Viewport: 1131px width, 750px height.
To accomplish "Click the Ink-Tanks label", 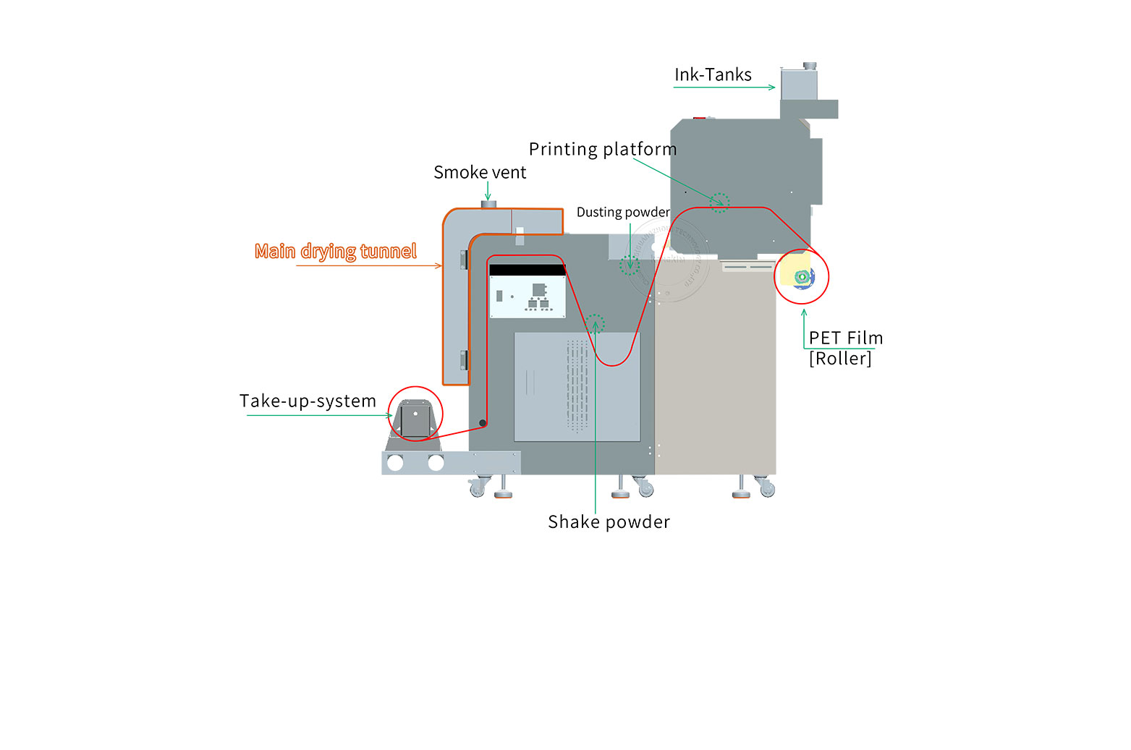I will pos(713,74).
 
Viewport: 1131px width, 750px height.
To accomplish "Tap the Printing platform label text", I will pos(603,150).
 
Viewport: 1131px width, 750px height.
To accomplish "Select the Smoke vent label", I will pos(480,173).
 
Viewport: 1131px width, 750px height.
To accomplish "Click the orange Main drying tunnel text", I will pos(336,251).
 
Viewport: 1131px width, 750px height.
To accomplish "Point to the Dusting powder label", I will pos(623,212).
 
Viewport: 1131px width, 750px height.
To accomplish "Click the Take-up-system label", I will pos(308,401).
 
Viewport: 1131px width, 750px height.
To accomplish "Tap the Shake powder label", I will pos(609,522).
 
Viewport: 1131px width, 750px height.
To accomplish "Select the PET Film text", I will pos(846,338).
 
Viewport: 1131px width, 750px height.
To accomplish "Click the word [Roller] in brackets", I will pos(840,359).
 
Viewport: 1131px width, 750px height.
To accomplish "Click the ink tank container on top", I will pos(799,83).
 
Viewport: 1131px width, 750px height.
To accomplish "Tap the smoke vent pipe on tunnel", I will pos(488,205).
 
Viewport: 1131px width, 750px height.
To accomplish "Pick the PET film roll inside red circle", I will pos(802,276).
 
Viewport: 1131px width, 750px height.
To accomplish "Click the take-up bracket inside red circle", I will pos(415,419).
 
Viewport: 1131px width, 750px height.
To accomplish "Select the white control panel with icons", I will pos(528,297).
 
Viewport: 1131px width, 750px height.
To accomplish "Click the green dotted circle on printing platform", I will pos(719,203).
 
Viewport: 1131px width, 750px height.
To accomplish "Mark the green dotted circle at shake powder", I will pos(595,323).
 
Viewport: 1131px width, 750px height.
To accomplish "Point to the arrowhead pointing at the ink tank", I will pos(772,88).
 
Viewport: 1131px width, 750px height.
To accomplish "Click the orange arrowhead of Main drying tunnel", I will pos(439,266).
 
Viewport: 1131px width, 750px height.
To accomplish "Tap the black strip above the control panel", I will pos(528,270).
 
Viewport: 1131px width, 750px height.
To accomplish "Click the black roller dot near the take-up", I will pos(483,423).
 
